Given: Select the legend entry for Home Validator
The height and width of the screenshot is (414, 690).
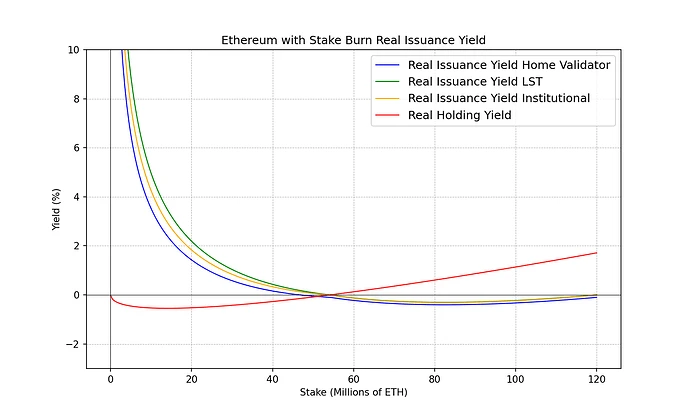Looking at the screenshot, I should (x=510, y=64).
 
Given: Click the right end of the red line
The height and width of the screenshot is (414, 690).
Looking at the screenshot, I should (x=596, y=253).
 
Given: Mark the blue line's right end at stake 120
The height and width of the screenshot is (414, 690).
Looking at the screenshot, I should (x=596, y=298).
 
